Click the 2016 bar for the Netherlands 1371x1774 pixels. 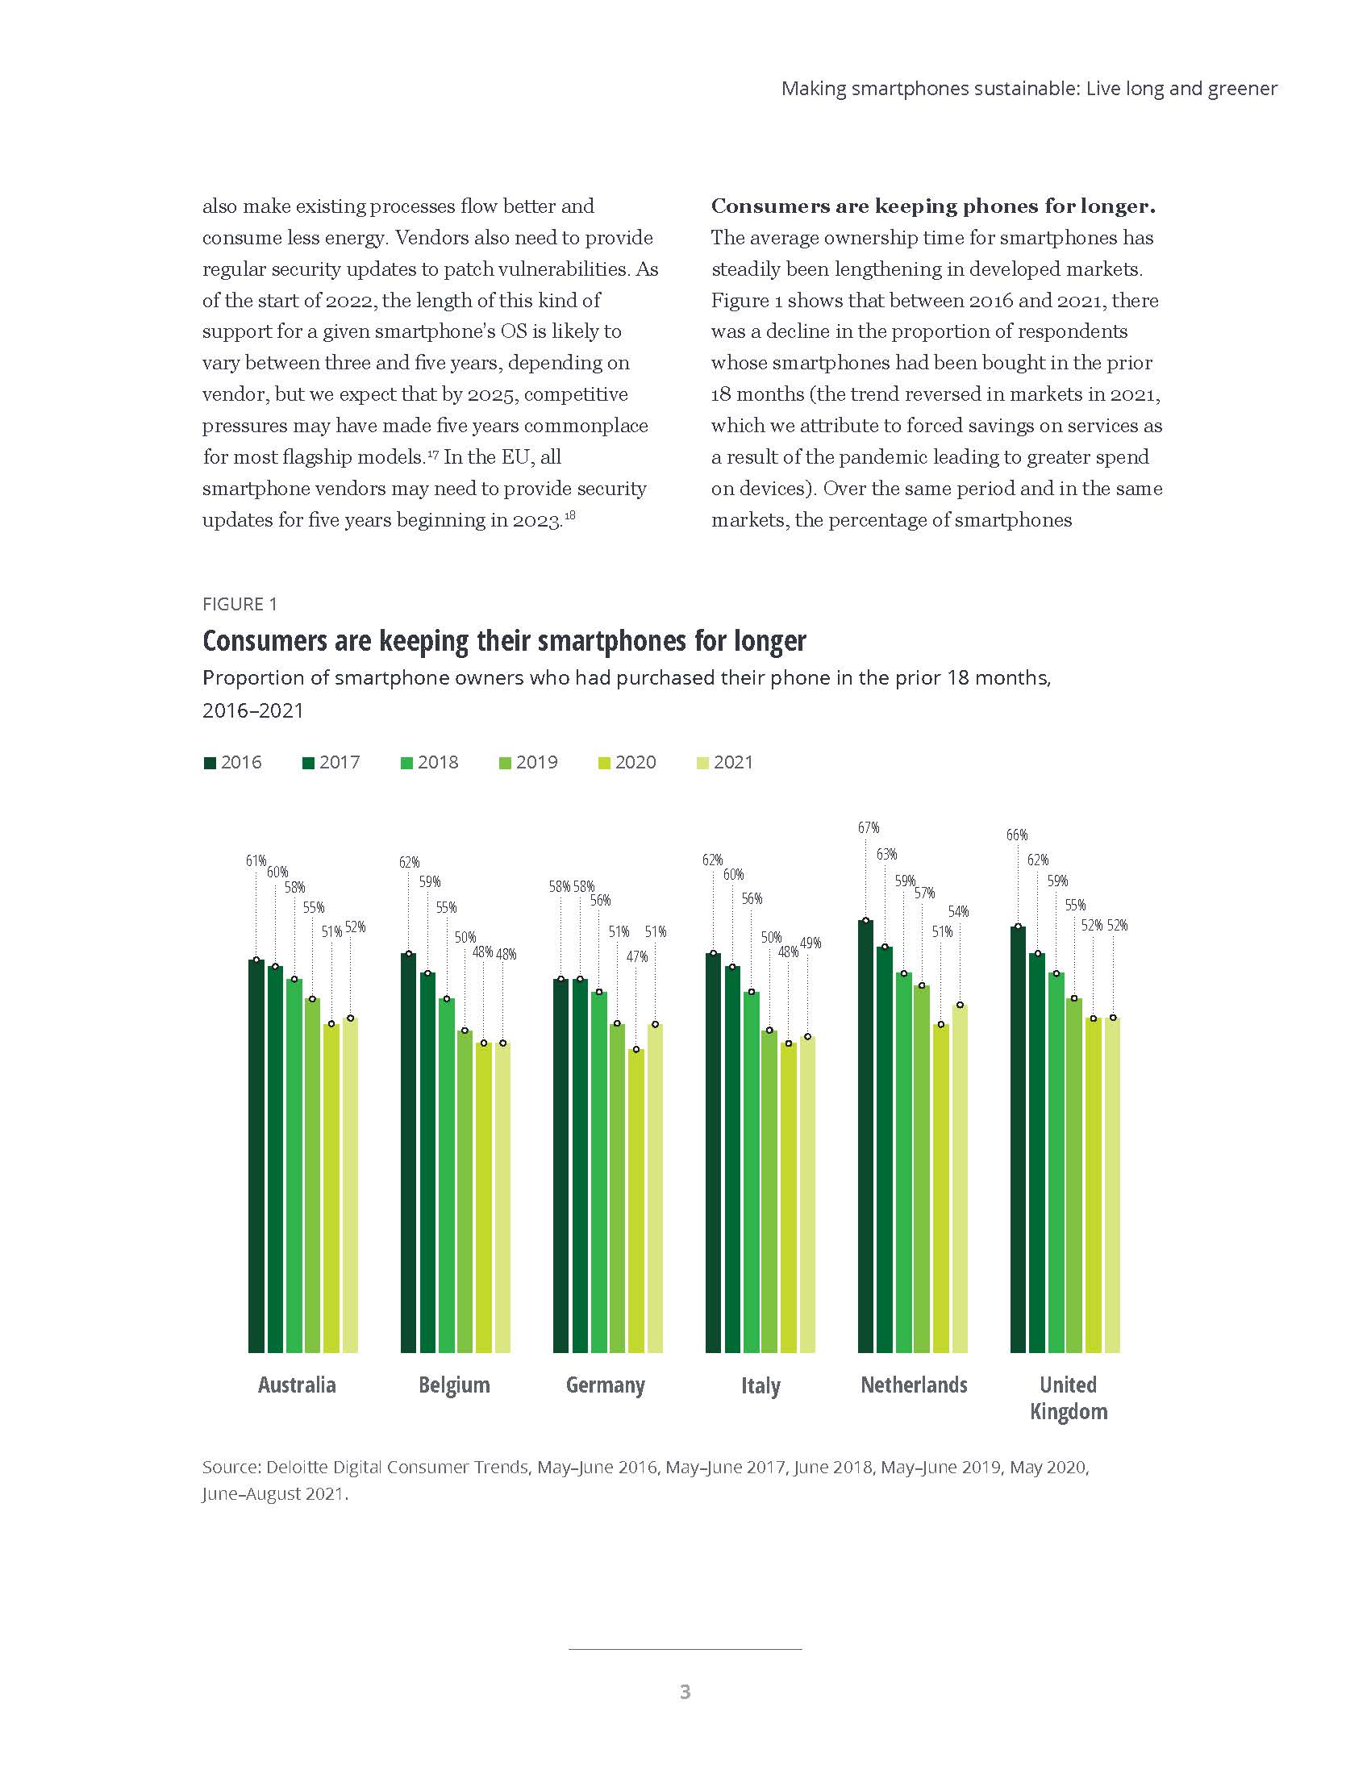point(866,1137)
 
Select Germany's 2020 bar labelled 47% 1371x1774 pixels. point(637,1202)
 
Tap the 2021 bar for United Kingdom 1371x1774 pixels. point(1113,1186)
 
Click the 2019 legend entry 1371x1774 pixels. point(528,762)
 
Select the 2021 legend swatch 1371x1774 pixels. point(703,763)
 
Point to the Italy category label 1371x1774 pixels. point(761,1385)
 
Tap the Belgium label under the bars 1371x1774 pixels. point(454,1385)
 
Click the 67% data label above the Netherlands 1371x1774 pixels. point(869,827)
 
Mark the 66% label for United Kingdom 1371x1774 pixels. point(1017,835)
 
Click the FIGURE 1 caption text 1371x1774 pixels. point(240,604)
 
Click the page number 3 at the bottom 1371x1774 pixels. point(685,1692)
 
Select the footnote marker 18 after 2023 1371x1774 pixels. point(570,515)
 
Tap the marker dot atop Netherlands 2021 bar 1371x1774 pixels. point(960,1005)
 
